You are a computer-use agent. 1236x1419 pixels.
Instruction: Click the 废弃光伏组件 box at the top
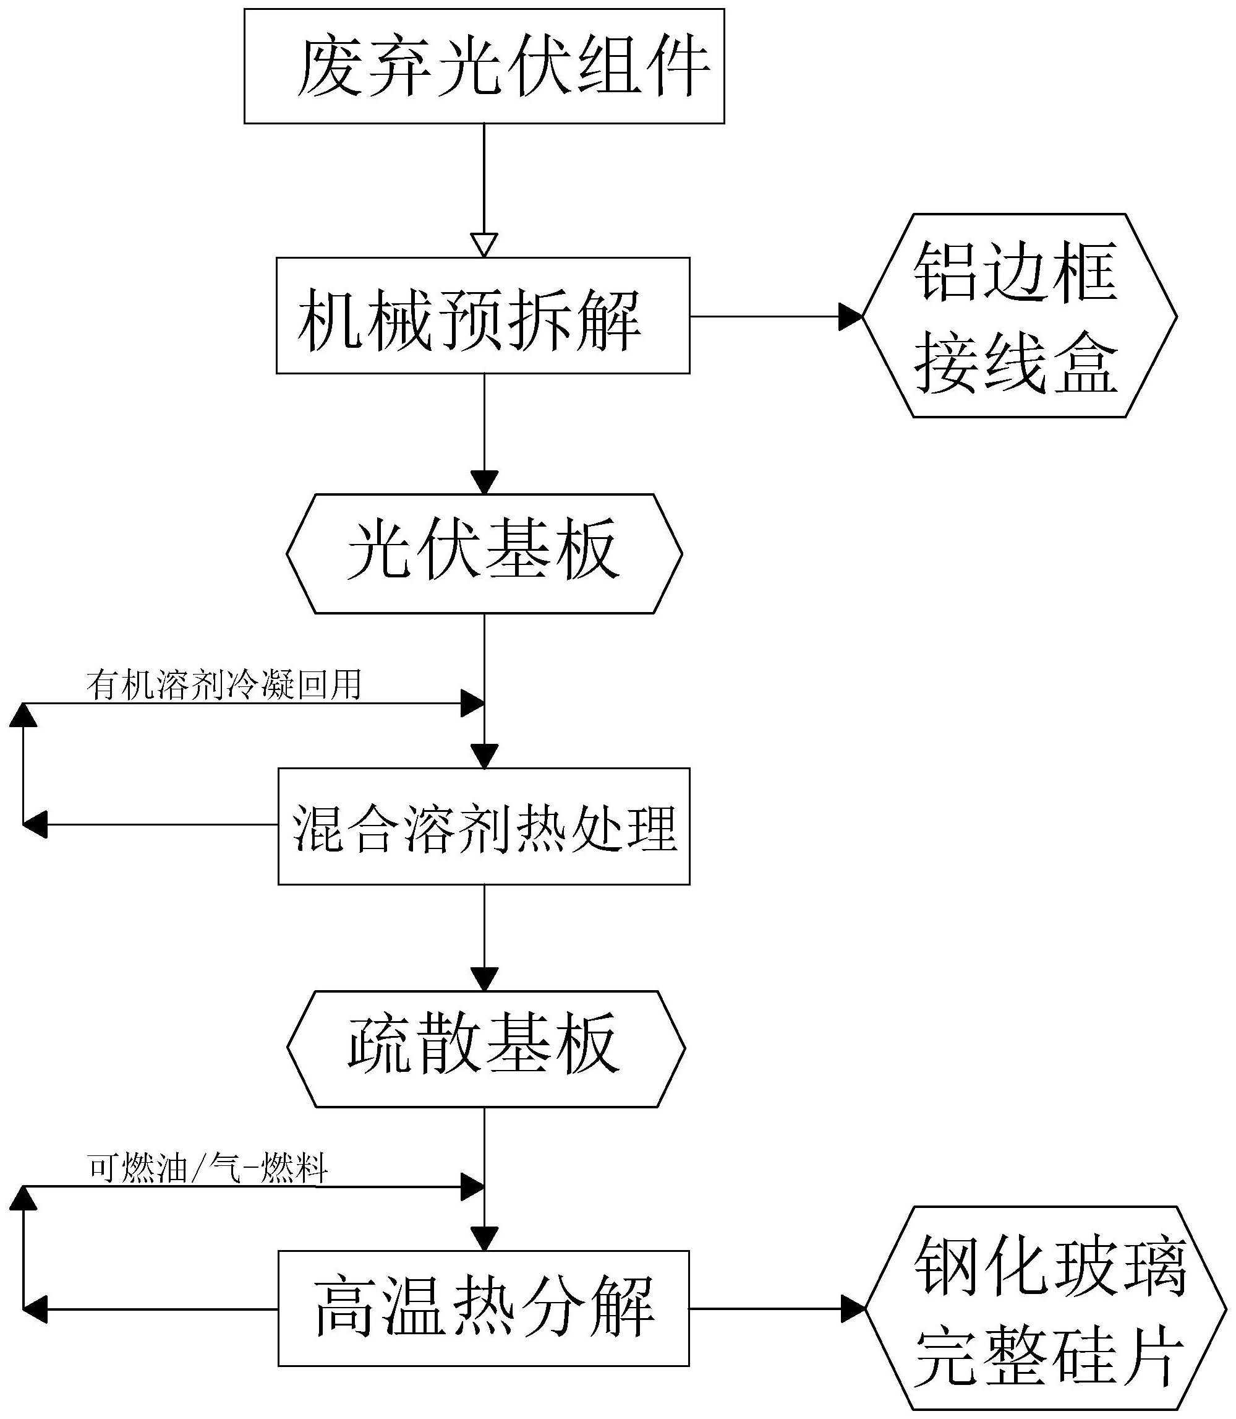tap(484, 66)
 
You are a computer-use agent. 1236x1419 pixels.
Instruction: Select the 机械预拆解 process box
tap(483, 316)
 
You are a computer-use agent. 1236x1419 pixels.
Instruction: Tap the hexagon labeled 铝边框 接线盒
tap(1019, 316)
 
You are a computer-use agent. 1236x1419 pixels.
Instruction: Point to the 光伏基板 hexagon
tap(484, 553)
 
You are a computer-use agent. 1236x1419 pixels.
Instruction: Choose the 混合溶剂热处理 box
tap(484, 826)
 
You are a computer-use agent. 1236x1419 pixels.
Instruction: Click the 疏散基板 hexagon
tap(485, 1049)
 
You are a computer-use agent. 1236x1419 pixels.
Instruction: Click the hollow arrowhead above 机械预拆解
tap(484, 245)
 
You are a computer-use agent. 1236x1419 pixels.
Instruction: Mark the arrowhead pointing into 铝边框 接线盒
tap(850, 317)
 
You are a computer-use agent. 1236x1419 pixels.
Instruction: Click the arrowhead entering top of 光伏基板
tap(484, 481)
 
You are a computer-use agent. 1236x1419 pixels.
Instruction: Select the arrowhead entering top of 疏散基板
tap(484, 978)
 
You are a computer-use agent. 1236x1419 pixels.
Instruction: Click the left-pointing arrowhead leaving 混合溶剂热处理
tap(35, 824)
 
